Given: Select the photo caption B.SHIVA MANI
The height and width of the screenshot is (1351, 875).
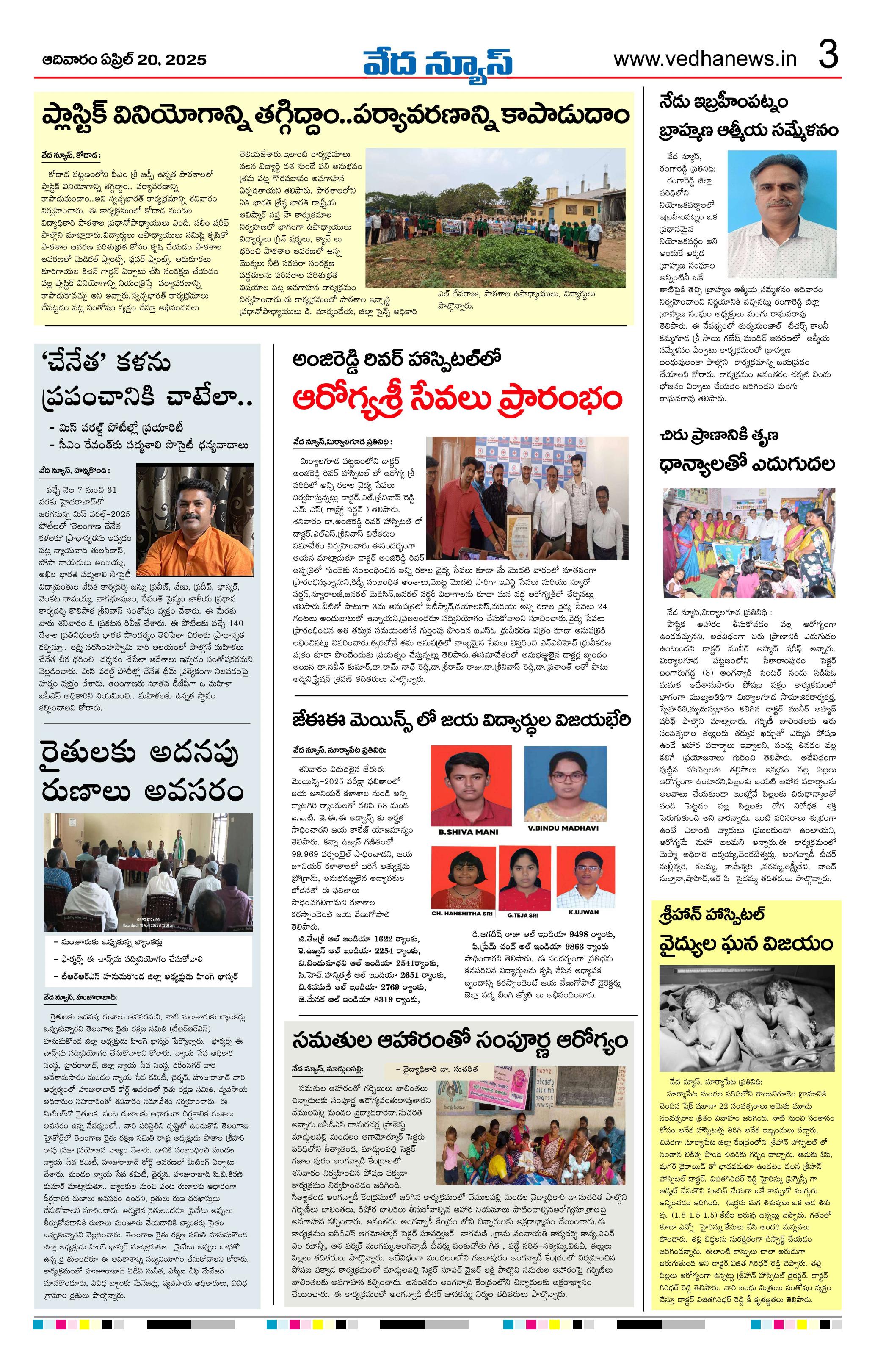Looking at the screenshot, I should (x=468, y=832).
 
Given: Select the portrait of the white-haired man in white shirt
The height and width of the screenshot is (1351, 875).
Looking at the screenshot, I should (x=782, y=205).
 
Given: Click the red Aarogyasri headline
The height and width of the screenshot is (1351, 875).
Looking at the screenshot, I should (x=457, y=399).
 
